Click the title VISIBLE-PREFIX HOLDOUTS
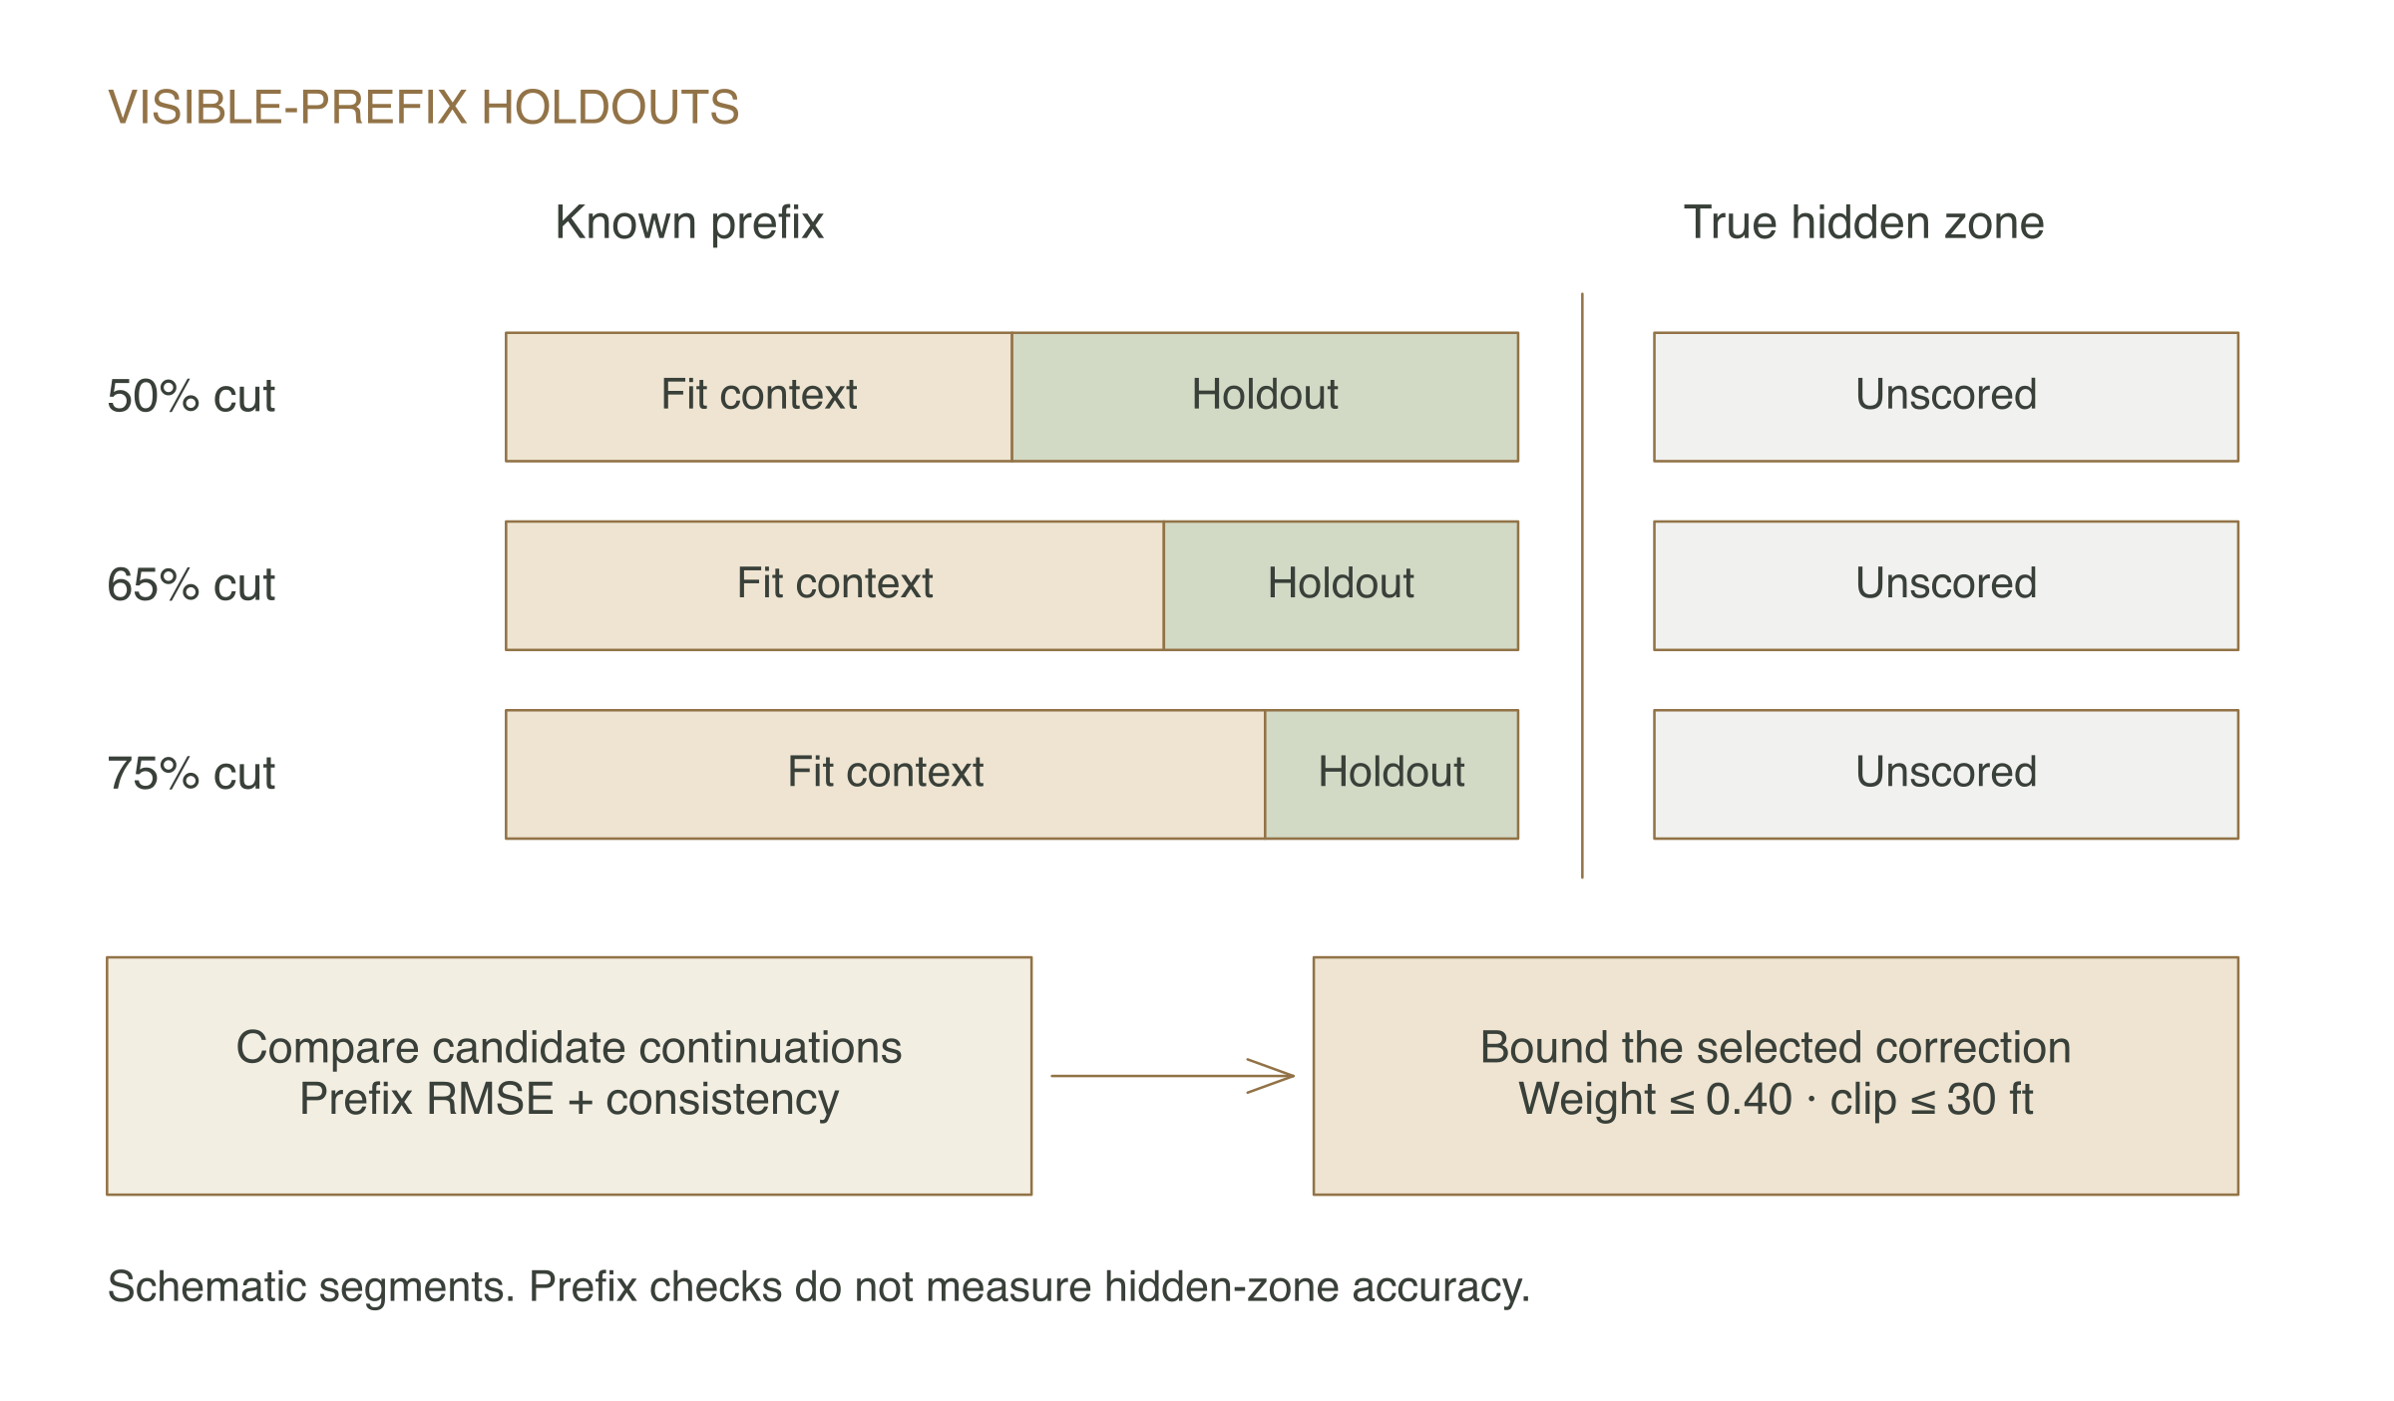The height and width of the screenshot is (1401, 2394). (x=423, y=107)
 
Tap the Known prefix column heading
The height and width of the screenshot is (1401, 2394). (x=689, y=222)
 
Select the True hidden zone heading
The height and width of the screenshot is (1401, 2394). (x=1863, y=222)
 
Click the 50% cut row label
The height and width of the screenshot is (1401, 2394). (x=191, y=396)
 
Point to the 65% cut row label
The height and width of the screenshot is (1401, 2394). (x=191, y=584)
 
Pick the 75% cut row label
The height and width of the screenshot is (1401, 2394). (x=191, y=773)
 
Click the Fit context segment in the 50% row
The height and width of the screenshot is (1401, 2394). (x=759, y=397)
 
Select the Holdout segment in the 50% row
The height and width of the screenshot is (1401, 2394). (x=1265, y=397)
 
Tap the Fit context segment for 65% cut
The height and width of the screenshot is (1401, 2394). (x=835, y=585)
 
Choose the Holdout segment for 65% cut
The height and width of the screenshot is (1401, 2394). (x=1341, y=585)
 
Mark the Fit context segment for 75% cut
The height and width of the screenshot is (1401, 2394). (x=886, y=774)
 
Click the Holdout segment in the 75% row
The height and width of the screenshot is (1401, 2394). (x=1392, y=774)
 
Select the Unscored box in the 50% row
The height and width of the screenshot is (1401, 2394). (x=1946, y=397)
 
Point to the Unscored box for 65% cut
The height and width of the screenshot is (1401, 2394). (x=1946, y=585)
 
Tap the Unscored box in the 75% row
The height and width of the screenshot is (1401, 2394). (x=1946, y=774)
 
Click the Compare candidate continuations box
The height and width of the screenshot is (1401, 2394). (x=569, y=1076)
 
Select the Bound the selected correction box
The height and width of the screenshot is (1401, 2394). (x=1776, y=1076)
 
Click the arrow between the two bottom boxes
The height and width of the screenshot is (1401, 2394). (x=1173, y=1076)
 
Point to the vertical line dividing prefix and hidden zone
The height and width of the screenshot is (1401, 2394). (x=1582, y=585)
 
